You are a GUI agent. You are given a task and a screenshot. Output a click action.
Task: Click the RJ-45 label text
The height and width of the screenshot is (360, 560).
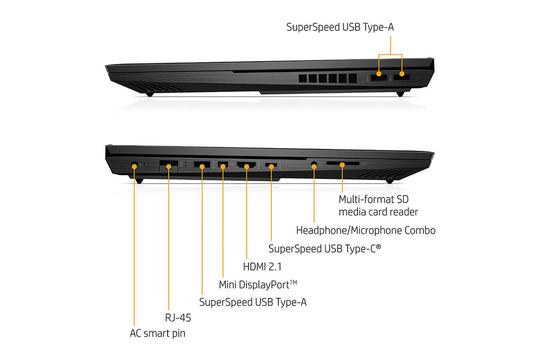178,318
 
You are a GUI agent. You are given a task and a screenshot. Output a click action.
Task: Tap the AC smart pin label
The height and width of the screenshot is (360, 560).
158,334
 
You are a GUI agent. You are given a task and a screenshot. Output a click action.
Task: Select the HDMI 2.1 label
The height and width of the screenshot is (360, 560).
262,267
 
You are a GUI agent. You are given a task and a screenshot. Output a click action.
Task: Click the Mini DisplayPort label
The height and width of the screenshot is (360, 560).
258,285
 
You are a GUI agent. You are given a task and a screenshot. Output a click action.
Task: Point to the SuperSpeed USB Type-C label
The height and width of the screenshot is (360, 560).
324,249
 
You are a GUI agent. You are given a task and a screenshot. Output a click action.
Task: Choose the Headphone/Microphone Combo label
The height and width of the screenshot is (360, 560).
366,230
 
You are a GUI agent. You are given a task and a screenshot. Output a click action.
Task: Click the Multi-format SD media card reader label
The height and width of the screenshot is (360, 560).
378,206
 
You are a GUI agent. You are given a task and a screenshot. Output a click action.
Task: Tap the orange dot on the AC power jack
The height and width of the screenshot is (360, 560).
134,166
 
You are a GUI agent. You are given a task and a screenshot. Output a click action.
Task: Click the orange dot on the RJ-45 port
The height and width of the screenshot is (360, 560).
169,167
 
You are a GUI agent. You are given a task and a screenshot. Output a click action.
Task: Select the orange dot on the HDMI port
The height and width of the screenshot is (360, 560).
246,167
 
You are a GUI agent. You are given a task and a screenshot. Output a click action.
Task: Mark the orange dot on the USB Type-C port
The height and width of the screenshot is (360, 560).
271,166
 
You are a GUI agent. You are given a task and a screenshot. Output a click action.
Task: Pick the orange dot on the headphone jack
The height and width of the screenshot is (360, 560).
314,166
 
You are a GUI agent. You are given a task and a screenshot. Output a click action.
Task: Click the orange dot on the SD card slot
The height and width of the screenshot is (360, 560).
342,165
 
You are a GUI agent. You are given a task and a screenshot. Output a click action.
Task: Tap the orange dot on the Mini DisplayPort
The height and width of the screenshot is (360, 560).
223,166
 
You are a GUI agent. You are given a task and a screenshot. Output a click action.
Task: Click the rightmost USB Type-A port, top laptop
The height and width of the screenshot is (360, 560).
402,78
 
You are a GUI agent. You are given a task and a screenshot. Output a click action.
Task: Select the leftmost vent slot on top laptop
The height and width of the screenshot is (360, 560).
302,78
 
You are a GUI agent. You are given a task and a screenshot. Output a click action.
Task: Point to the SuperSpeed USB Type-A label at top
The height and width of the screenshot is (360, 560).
340,27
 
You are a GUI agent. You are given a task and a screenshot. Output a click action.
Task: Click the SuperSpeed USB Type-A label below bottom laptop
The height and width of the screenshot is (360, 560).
253,302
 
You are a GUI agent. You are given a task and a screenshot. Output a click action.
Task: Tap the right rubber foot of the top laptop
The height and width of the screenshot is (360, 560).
400,94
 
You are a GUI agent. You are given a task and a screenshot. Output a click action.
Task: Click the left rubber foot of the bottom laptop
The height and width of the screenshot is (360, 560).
139,181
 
